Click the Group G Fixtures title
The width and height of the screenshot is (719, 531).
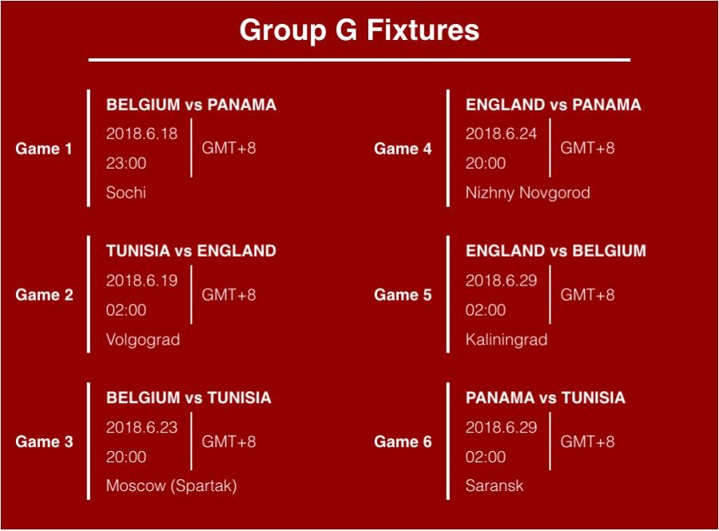click(359, 30)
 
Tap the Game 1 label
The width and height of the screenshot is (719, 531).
click(44, 149)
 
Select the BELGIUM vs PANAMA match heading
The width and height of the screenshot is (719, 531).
click(191, 105)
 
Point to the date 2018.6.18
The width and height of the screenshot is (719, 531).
click(141, 134)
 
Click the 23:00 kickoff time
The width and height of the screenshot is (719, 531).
click(126, 163)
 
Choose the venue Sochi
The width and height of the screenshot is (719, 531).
click(126, 192)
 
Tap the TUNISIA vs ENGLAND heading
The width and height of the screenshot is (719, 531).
click(191, 251)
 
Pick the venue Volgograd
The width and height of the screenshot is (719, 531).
click(143, 340)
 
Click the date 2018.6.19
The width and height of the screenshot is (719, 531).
click(141, 281)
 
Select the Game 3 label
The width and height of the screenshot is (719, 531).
click(45, 441)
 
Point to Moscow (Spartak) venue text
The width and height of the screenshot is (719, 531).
click(172, 485)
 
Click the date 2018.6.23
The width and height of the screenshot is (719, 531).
click(141, 427)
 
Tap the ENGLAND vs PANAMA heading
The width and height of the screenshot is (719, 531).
click(554, 105)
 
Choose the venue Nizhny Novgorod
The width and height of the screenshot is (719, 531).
click(528, 193)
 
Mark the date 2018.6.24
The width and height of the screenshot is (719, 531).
click(501, 134)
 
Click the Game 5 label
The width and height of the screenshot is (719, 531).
click(403, 294)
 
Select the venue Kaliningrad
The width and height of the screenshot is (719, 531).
click(506, 340)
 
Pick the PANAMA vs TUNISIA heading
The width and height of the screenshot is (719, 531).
click(546, 397)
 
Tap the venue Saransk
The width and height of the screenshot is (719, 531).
click(495, 485)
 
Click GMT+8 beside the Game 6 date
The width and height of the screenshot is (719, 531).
click(587, 441)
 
